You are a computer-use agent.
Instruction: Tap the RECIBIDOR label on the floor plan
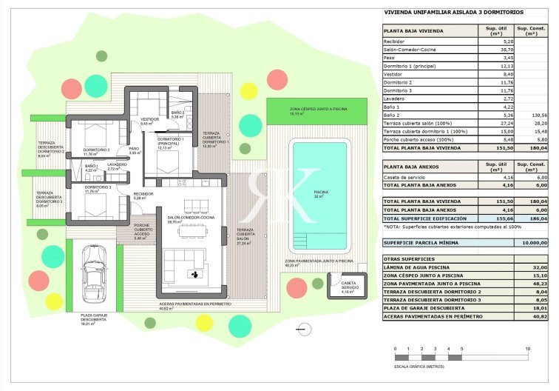(143, 194)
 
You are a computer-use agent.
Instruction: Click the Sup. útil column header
(495, 31)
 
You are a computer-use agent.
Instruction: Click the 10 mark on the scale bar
(527, 348)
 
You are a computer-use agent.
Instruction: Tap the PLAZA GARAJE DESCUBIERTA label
(95, 318)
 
